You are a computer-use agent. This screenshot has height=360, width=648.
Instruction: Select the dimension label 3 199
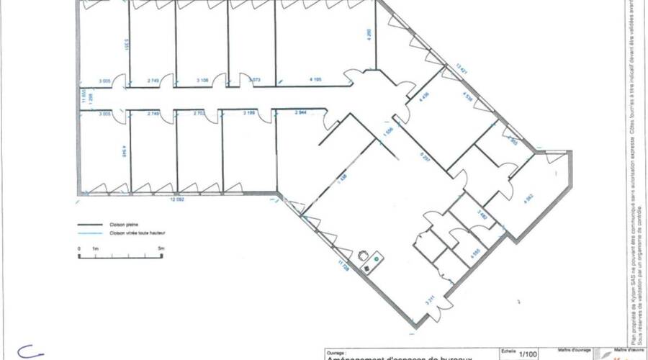pos(249,113)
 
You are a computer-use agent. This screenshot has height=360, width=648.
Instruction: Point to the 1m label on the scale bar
pos(96,248)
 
